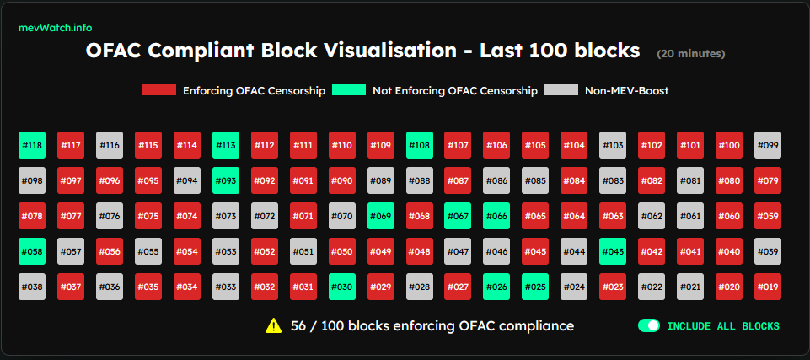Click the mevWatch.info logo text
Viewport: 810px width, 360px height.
click(56, 28)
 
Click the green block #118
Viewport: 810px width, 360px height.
click(32, 145)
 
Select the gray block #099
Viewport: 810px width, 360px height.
click(768, 145)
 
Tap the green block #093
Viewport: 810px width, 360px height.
click(226, 180)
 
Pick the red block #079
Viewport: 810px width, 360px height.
click(768, 180)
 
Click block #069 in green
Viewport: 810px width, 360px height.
click(381, 216)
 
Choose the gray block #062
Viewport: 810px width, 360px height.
click(652, 216)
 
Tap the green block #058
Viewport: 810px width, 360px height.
click(32, 251)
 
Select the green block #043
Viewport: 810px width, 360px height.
click(613, 251)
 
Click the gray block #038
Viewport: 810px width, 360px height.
click(32, 287)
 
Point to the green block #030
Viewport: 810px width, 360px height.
click(342, 287)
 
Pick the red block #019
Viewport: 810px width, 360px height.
click(768, 287)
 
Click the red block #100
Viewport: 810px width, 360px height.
click(729, 145)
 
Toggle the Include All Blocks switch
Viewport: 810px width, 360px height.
click(649, 326)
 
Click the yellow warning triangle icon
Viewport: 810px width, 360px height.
click(273, 326)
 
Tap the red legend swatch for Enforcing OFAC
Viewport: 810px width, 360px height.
click(159, 90)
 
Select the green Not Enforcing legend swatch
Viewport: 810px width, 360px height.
click(349, 90)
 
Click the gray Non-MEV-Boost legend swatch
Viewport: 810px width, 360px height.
click(561, 90)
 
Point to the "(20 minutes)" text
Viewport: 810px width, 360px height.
click(690, 54)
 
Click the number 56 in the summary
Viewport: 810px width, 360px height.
click(298, 326)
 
